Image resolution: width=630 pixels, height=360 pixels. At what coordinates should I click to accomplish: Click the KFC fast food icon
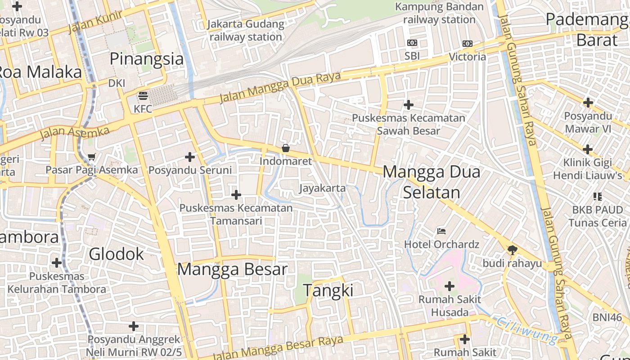(x=143, y=95)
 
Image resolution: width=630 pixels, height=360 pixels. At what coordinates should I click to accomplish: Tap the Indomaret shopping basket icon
(x=285, y=148)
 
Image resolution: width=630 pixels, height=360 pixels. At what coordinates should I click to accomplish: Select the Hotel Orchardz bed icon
(x=441, y=231)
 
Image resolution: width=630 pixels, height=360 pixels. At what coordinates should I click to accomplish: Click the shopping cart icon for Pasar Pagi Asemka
(x=92, y=157)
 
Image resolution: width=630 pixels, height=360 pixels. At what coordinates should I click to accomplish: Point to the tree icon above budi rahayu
(x=512, y=250)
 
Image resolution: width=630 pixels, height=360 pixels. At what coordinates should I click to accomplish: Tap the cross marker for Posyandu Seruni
(x=190, y=157)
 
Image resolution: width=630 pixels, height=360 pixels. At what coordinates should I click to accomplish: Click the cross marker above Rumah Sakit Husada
(x=449, y=286)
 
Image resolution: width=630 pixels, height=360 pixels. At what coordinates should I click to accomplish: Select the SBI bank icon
(x=412, y=43)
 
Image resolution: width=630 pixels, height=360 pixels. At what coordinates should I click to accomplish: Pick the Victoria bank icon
(x=468, y=44)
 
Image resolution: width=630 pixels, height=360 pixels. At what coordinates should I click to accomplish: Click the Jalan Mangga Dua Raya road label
(x=280, y=87)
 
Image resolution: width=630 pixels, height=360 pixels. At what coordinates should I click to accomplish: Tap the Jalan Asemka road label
(x=75, y=133)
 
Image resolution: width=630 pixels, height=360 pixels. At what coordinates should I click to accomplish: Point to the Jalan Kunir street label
(x=95, y=22)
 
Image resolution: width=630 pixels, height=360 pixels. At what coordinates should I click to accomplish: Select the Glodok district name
(x=116, y=254)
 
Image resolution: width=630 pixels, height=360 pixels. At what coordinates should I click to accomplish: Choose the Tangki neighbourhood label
(x=328, y=291)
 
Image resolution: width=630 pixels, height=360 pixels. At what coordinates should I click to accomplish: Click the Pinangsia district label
(x=147, y=59)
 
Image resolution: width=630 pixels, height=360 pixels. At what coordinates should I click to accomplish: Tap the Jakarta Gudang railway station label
(x=246, y=31)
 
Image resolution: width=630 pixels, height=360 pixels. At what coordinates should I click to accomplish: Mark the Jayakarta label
(x=323, y=188)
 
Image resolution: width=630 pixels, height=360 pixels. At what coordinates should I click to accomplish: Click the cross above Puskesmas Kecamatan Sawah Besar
(x=408, y=105)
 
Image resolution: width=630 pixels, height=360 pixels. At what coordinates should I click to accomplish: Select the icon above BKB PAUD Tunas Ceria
(x=598, y=196)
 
